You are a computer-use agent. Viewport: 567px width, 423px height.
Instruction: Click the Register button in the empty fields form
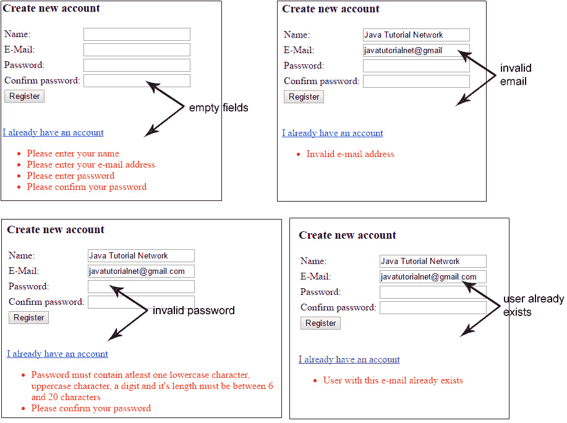tap(24, 96)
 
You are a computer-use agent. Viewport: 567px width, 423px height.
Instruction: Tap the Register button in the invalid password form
tap(28, 317)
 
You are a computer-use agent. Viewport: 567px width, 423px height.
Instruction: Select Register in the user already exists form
tap(320, 323)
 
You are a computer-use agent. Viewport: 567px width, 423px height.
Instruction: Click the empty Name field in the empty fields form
tap(137, 35)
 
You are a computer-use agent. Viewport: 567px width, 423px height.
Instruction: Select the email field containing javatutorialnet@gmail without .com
tap(416, 50)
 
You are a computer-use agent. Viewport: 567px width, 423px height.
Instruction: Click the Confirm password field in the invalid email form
tap(416, 82)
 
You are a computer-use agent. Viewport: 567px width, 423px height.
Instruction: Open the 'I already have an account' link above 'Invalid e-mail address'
tap(332, 133)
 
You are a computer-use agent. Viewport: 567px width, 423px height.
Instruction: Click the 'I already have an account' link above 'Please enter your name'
tap(53, 132)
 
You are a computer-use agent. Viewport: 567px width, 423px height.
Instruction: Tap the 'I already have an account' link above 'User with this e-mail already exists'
tap(349, 359)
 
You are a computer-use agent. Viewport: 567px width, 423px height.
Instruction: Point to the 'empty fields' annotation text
tap(218, 108)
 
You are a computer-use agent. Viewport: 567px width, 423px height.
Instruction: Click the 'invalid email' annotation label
tap(515, 74)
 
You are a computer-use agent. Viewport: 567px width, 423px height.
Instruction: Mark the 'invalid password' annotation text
tap(194, 310)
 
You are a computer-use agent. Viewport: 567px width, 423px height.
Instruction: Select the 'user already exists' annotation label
tap(534, 305)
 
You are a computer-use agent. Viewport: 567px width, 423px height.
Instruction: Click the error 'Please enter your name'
tap(73, 153)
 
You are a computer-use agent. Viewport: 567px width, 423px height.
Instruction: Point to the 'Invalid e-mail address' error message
tap(350, 154)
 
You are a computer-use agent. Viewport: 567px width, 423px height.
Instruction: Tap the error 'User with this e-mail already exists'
tap(393, 380)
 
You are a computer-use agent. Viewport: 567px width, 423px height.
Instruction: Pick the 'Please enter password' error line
tap(70, 176)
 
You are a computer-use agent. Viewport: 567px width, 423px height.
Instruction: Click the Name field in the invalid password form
tap(141, 255)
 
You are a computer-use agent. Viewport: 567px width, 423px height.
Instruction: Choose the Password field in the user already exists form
tap(433, 292)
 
